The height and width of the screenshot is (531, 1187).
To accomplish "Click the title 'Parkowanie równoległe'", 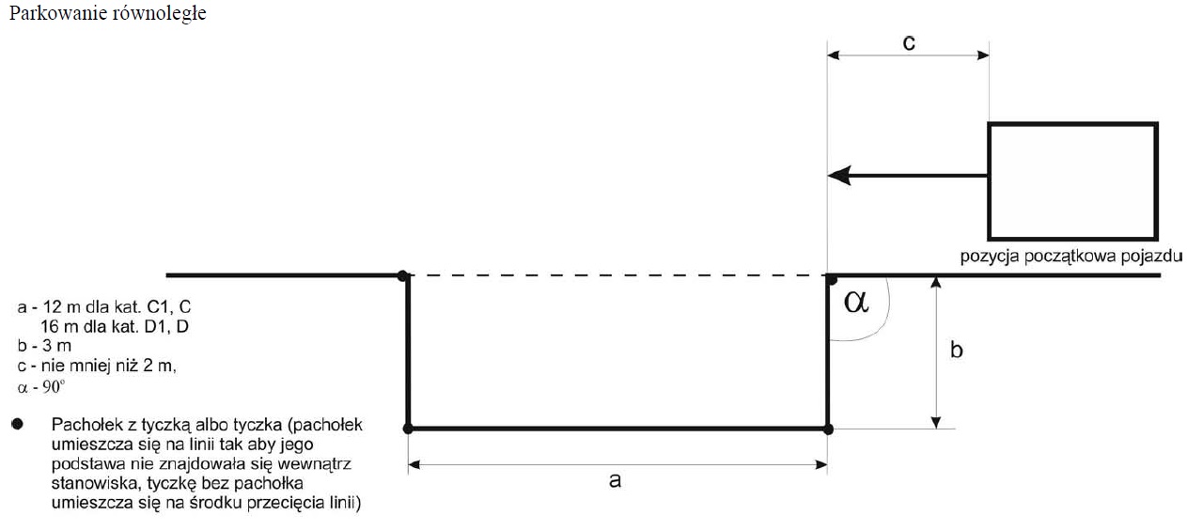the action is pos(107,13).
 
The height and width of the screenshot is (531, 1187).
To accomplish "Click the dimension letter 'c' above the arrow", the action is pos(909,43).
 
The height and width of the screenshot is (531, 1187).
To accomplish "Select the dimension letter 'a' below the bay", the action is pos(615,480).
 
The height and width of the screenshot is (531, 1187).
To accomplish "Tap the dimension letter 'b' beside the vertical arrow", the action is pos(956,350).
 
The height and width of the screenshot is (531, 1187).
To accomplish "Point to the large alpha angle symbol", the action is pos(856,302).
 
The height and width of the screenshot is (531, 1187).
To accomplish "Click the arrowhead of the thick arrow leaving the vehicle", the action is pos(839,175).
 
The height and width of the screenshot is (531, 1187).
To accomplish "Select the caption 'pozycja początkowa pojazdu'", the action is pos(1071,257).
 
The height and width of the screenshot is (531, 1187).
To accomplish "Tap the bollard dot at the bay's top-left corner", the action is pos(403,275).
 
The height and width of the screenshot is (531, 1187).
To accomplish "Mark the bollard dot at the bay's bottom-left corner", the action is pos(408,429).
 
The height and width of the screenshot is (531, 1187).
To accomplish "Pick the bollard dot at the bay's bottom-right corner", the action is pos(828,429).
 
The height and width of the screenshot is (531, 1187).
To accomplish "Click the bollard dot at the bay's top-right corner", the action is pos(831,278).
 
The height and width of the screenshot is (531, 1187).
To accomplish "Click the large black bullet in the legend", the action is pos(18,424).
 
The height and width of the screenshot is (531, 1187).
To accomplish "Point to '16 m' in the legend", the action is pos(59,326).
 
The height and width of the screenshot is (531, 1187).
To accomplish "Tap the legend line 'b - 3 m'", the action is pos(44,346).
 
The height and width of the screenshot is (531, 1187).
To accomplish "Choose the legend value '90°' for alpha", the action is pos(54,387).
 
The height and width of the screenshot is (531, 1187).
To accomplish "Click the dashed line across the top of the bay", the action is pos(617,275).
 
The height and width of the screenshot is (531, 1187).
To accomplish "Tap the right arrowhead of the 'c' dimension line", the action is pos(983,55).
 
